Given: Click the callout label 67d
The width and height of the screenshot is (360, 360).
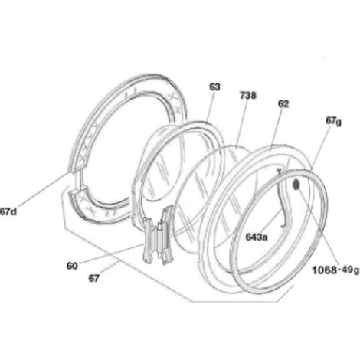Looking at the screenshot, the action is pyautogui.click(x=8, y=211).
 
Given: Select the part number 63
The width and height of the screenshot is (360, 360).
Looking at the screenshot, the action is pyautogui.click(x=214, y=87).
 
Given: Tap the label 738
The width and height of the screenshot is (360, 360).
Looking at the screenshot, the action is pyautogui.click(x=248, y=96).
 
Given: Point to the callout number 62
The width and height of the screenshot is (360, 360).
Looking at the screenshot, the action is pyautogui.click(x=283, y=104).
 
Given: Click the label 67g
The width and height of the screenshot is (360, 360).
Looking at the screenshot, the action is pyautogui.click(x=333, y=121).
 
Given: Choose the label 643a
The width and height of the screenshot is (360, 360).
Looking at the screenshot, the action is pyautogui.click(x=257, y=237).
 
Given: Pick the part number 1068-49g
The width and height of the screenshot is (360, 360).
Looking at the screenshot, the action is pyautogui.click(x=335, y=270).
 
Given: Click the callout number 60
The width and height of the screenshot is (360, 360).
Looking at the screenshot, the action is pyautogui.click(x=72, y=266).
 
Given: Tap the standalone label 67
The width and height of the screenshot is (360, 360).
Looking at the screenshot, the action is pyautogui.click(x=93, y=278).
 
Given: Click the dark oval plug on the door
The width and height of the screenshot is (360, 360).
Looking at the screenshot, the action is pyautogui.click(x=296, y=185).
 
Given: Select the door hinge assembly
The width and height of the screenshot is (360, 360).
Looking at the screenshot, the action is pyautogui.click(x=159, y=236).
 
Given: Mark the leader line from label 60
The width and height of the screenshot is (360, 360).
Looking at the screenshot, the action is pyautogui.click(x=111, y=253).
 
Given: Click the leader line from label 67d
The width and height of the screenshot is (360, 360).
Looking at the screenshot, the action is pyautogui.click(x=44, y=189).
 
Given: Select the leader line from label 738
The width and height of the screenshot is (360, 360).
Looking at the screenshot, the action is pyautogui.click(x=241, y=123).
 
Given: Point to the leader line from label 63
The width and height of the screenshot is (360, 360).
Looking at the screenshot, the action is pyautogui.click(x=211, y=106).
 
